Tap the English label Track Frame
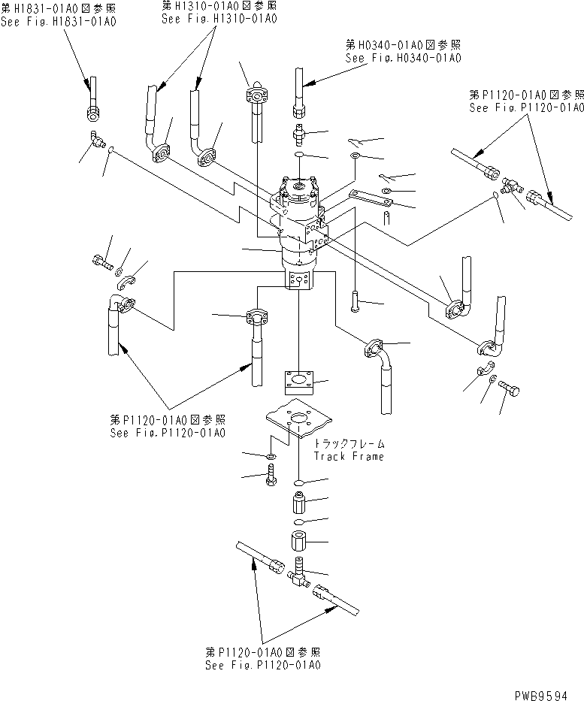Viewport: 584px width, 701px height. (349, 456)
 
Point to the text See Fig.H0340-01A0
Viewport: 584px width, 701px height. (403, 58)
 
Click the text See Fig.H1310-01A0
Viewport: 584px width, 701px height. (219, 19)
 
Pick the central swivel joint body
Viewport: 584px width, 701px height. (301, 225)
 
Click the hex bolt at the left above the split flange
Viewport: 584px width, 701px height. (101, 262)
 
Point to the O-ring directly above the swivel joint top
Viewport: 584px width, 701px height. (299, 155)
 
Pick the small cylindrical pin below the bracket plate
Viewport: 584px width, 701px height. (385, 218)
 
